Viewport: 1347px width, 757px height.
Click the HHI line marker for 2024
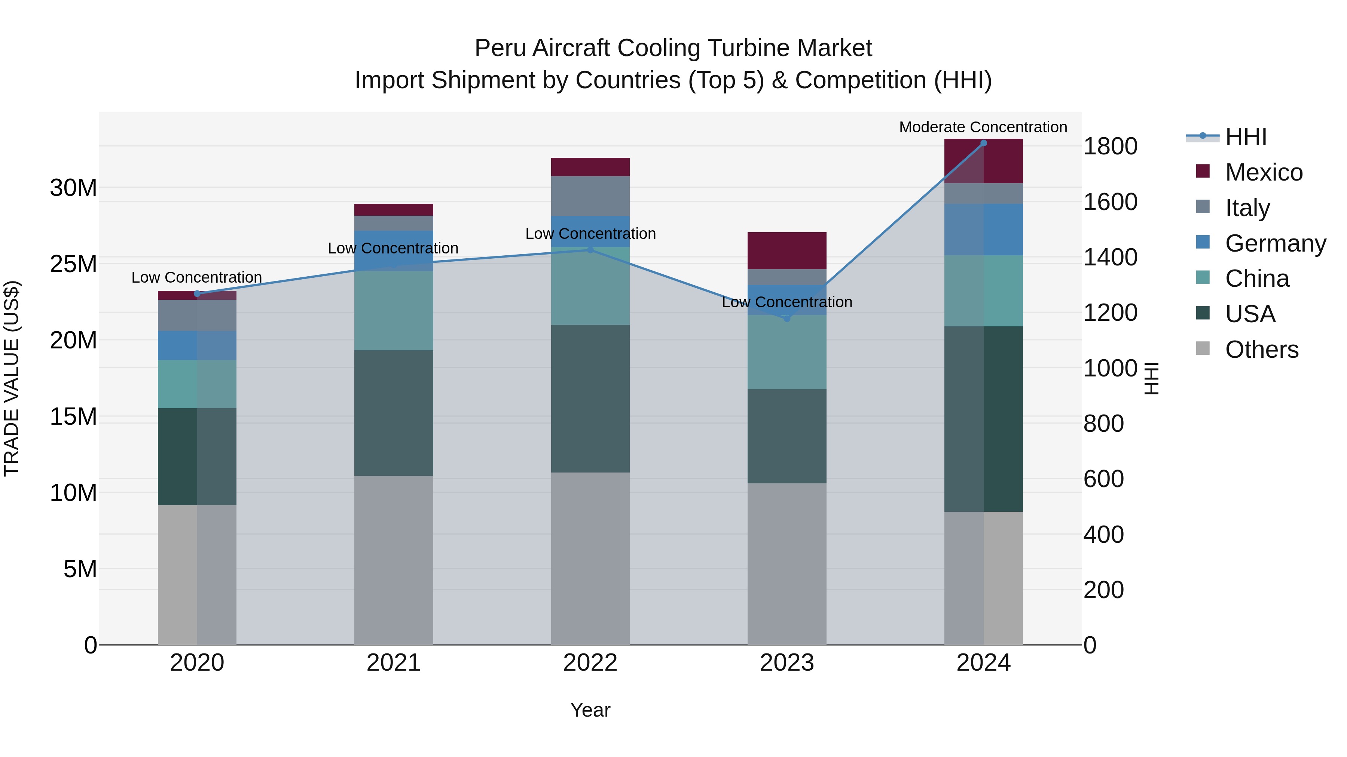[x=984, y=143]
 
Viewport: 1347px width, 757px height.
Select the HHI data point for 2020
[x=197, y=293]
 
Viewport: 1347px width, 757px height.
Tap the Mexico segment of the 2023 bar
[x=787, y=251]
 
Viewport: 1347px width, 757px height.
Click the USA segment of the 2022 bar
[x=590, y=398]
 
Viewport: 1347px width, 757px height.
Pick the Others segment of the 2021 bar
[x=394, y=560]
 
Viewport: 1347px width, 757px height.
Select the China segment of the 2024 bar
[x=984, y=291]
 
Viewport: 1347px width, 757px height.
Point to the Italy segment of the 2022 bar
[x=590, y=196]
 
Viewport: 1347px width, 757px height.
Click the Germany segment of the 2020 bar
[x=197, y=345]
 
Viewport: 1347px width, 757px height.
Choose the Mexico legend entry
[x=1263, y=172]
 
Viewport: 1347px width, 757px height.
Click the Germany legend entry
[x=1275, y=243]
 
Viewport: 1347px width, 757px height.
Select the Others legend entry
[x=1261, y=350]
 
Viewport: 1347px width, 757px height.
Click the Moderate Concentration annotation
[x=983, y=127]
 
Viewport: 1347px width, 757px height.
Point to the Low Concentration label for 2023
[x=787, y=302]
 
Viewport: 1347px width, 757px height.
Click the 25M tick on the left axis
[x=73, y=264]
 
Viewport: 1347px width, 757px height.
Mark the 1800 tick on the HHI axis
[x=1110, y=146]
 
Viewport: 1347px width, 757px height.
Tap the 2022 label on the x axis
[x=590, y=663]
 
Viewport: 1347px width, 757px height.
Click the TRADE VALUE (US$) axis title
[x=12, y=378]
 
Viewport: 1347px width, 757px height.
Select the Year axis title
[x=590, y=710]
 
